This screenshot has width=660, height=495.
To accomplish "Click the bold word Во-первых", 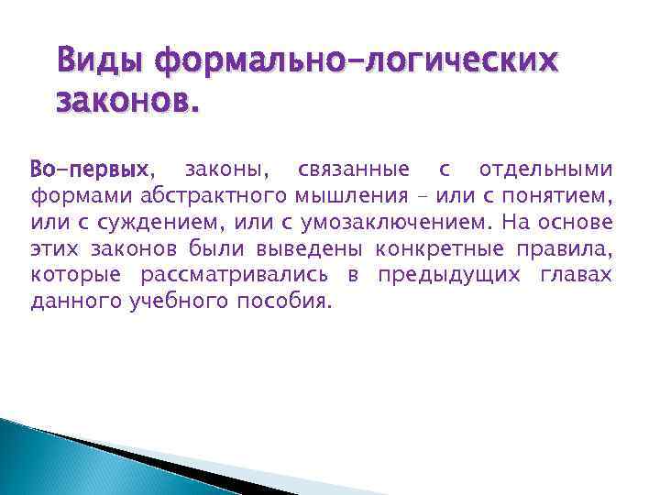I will [89, 170].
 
